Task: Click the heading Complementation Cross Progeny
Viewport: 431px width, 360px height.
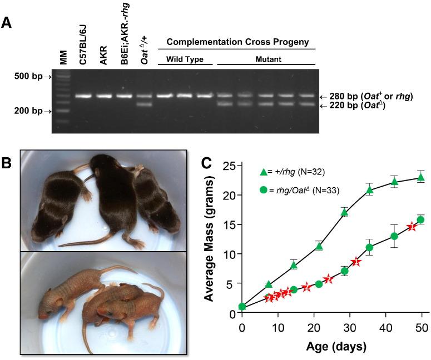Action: [x=237, y=42]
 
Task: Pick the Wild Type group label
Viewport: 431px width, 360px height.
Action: [x=185, y=58]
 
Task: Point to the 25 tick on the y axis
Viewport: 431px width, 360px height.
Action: [x=229, y=166]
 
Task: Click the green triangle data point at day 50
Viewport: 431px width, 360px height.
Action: [x=421, y=177]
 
